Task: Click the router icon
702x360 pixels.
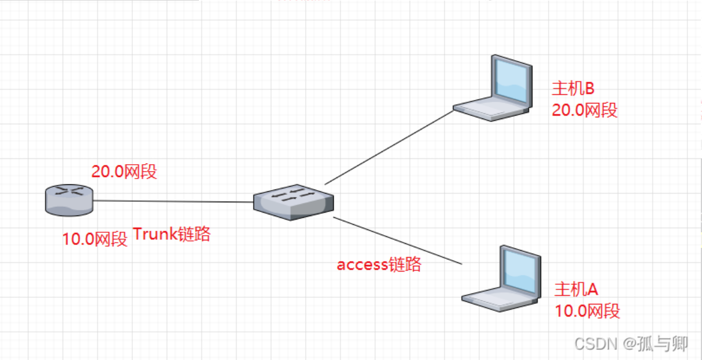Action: tap(69, 201)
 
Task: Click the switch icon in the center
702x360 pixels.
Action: tap(294, 202)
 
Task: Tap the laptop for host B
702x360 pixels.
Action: tap(493, 88)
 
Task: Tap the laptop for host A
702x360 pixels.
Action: tap(501, 279)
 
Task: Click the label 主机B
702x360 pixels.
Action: tap(573, 88)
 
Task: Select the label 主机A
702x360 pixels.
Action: tap(577, 289)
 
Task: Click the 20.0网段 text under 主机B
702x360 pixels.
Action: tap(585, 110)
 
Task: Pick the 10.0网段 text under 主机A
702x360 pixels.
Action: tap(588, 311)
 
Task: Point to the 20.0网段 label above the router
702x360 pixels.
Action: tap(124, 172)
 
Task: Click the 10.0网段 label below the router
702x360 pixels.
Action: tap(95, 239)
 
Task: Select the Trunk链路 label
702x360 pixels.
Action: tap(172, 234)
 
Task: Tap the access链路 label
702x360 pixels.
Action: tap(379, 265)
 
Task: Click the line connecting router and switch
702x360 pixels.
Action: tap(173, 201)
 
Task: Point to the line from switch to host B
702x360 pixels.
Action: tap(389, 147)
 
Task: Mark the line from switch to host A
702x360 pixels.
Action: tap(397, 240)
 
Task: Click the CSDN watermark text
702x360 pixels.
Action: tap(631, 344)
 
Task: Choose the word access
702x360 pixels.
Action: tap(363, 265)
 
